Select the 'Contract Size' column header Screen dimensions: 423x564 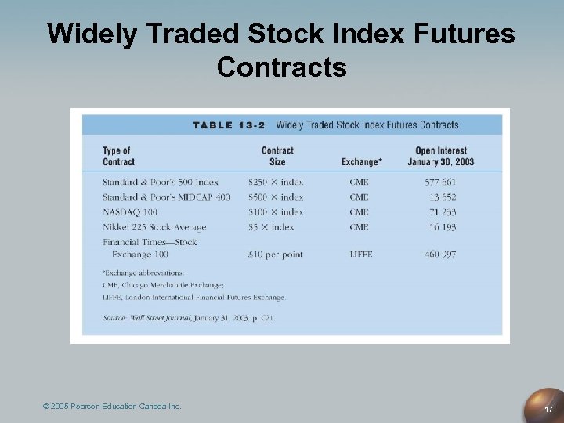click(277, 156)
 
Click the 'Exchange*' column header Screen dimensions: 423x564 click(362, 162)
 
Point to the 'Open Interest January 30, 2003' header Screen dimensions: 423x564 click(440, 156)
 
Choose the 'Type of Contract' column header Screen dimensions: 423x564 click(118, 156)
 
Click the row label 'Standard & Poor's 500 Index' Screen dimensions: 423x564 click(161, 182)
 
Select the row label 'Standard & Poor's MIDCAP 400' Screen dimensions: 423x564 click(166, 197)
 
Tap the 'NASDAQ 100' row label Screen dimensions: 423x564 click(130, 211)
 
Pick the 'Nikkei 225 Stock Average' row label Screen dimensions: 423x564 click(154, 227)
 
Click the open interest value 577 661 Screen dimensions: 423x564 click(440, 182)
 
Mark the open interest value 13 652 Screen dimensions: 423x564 click(443, 197)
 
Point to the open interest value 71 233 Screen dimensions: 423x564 click(443, 211)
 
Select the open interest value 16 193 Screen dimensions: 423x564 click(443, 227)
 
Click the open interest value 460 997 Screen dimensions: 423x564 click(440, 255)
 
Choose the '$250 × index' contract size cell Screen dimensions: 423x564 click(276, 182)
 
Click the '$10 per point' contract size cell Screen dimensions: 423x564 click(275, 255)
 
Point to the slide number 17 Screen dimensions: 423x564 click(548, 409)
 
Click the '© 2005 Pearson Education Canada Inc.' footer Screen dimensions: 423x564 click(113, 406)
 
